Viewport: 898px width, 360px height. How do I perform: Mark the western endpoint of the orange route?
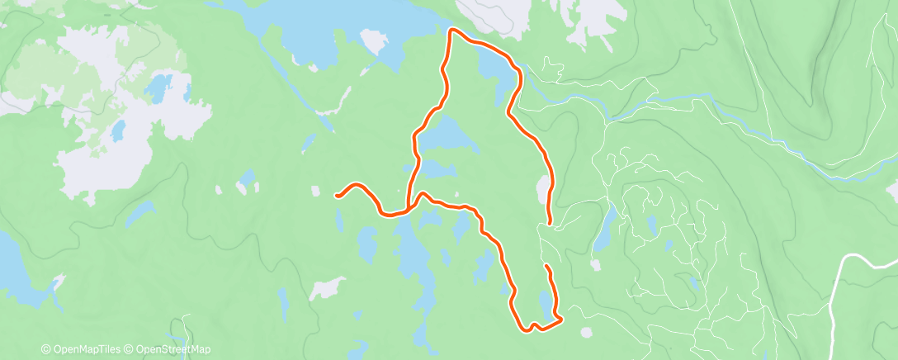coord(337,196)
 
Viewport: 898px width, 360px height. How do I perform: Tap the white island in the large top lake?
coord(371,41)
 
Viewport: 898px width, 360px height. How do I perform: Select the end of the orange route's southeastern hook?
coord(547,267)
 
